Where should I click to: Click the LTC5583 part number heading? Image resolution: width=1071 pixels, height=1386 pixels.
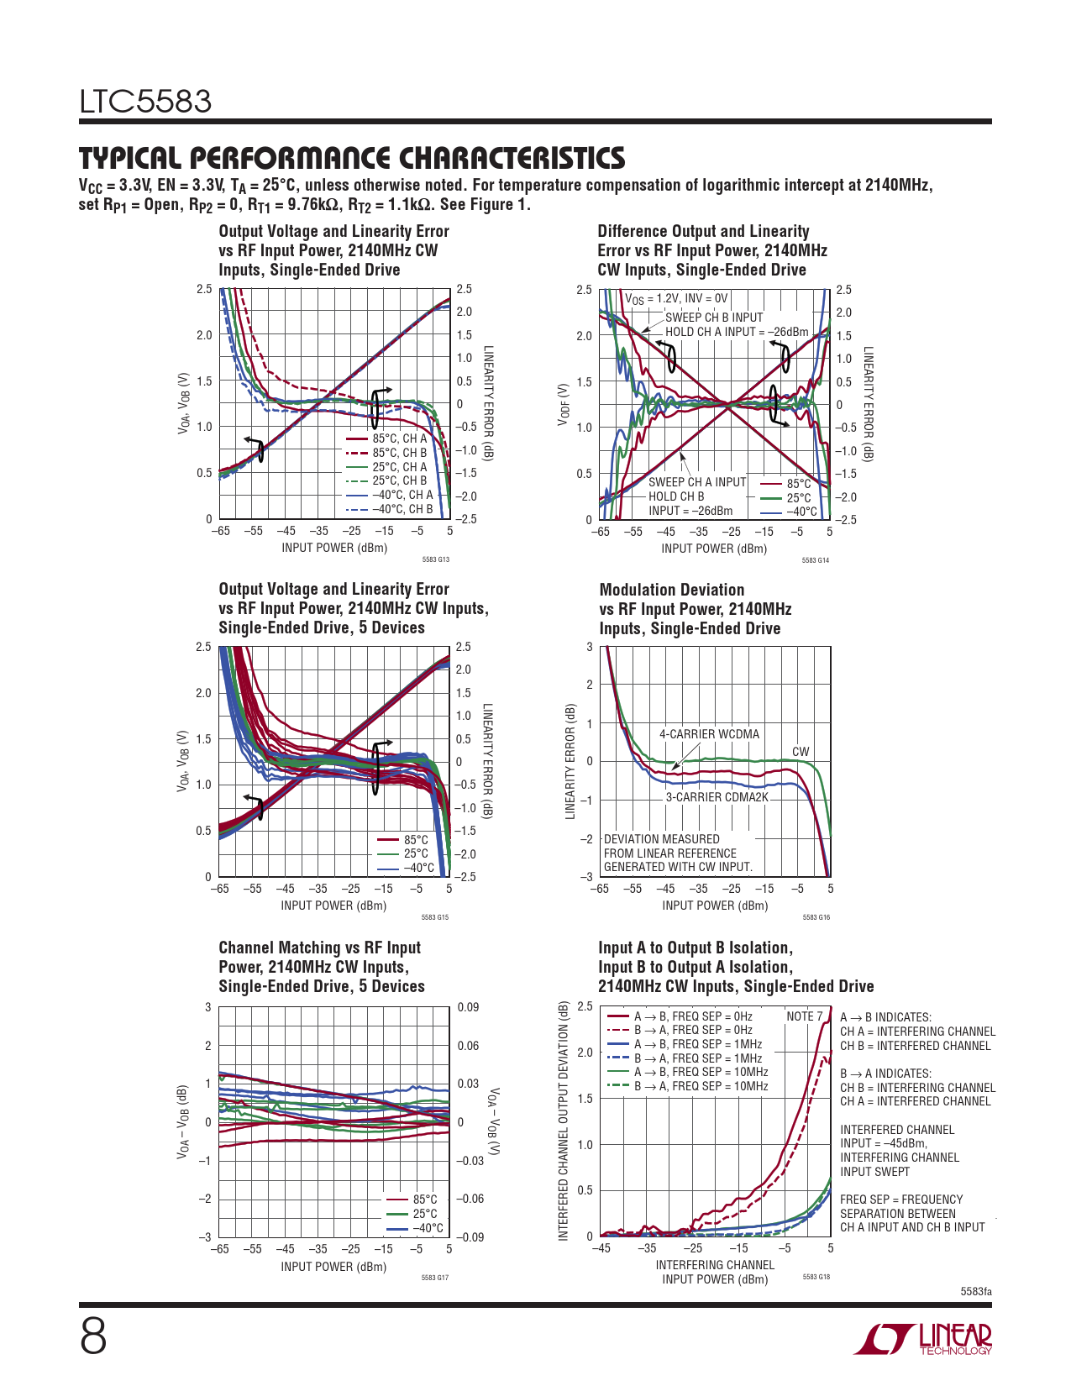[x=145, y=102]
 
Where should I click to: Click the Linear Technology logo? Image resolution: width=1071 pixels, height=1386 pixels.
[x=922, y=1339]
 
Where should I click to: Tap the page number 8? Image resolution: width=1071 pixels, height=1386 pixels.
[x=93, y=1337]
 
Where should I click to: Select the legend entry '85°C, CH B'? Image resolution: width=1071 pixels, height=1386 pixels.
[x=399, y=453]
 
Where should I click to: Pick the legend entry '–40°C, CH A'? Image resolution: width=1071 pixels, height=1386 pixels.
[x=402, y=495]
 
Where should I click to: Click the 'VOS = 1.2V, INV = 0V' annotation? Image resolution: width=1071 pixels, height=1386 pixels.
[x=676, y=298]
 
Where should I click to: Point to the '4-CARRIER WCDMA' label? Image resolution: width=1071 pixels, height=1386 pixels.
[x=709, y=734]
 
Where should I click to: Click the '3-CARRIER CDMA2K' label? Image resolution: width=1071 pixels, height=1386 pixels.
[x=717, y=797]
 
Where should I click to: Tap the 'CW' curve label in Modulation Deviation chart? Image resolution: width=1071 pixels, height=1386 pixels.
[x=801, y=752]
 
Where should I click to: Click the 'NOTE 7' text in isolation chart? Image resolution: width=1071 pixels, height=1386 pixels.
[x=804, y=1016]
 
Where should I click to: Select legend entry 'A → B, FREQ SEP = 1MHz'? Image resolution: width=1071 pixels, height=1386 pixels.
[x=697, y=1044]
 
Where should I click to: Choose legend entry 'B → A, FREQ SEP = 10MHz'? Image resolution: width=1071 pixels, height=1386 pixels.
[x=701, y=1086]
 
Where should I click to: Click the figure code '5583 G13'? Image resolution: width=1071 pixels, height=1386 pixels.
[x=435, y=559]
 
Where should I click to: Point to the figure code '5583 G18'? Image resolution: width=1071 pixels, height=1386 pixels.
[x=816, y=1277]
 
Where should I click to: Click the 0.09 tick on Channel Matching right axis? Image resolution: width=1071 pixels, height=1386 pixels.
[x=468, y=1007]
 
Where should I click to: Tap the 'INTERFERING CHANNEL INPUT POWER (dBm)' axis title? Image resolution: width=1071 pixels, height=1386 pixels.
[x=715, y=1272]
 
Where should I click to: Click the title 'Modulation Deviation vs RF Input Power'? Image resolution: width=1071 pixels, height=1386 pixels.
[x=695, y=609]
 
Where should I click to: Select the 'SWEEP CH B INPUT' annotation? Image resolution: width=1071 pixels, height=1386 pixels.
[x=714, y=318]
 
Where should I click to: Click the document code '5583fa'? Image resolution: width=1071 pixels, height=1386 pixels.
[x=976, y=1291]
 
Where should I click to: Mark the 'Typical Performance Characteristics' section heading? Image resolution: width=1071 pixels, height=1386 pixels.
[x=352, y=158]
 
